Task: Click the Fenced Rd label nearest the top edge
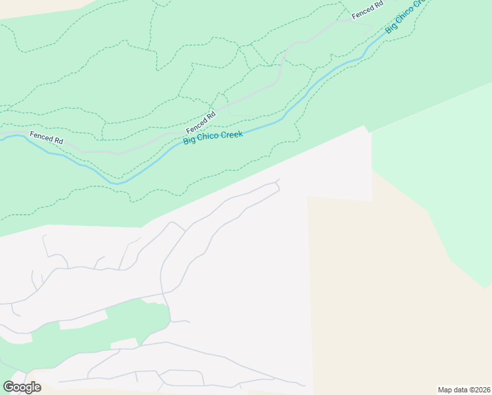tap(368, 11)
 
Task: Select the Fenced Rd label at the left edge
tap(46, 138)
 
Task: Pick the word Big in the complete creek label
tap(189, 140)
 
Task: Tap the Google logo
tap(22, 387)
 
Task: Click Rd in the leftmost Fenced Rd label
tap(58, 141)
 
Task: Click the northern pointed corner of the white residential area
tap(363, 126)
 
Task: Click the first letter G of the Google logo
tap(9, 387)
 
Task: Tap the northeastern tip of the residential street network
tap(279, 180)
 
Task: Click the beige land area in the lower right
tap(395, 296)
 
